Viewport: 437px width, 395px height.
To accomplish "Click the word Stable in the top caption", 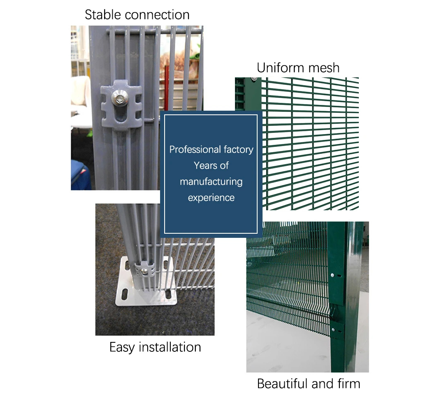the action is tap(102, 15).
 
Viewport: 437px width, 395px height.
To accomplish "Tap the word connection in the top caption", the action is tap(157, 15).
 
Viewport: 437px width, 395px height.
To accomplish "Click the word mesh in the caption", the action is tap(320, 68).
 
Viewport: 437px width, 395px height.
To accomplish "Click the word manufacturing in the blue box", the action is tap(211, 182).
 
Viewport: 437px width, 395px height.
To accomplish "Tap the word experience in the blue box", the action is tap(211, 198).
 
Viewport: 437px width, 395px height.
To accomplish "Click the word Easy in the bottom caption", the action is tap(122, 348).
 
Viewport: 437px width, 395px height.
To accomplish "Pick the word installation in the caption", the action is tap(170, 347).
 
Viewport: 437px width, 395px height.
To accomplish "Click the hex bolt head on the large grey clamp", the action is tap(120, 98).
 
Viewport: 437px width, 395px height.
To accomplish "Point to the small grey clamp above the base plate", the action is tap(145, 269).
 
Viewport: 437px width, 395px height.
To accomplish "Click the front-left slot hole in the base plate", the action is tap(125, 294).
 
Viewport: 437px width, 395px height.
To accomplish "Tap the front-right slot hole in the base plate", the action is tap(168, 294).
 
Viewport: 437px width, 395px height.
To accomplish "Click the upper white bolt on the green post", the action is tap(332, 275).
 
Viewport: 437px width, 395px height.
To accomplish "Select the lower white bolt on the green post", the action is tap(333, 330).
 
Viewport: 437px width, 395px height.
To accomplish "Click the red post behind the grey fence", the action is tap(167, 88).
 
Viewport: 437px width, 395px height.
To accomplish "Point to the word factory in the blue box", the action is tap(239, 150).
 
